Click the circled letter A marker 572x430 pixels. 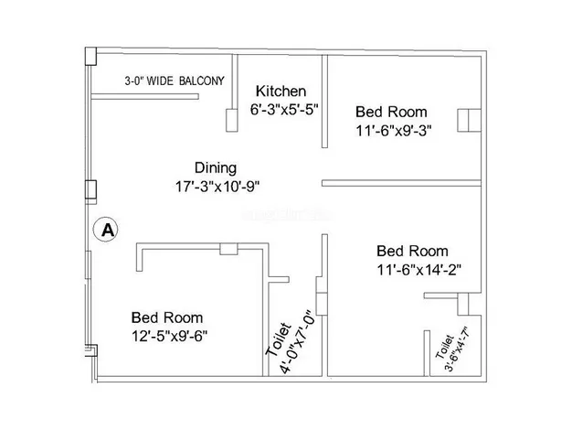tap(106, 231)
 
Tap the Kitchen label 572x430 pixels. tap(281, 91)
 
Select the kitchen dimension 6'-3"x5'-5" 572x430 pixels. tap(284, 110)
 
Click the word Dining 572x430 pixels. tap(216, 168)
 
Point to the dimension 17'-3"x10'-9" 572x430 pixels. tap(217, 187)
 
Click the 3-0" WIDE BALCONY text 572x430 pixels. tap(175, 81)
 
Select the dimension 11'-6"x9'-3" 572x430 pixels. tap(394, 131)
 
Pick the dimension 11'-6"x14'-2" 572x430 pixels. tap(419, 270)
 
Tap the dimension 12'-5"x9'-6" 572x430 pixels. tap(170, 336)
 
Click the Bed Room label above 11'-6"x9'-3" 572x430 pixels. tap(391, 112)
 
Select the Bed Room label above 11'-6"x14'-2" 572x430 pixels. tap(412, 252)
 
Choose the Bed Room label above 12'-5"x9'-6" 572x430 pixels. tap(167, 317)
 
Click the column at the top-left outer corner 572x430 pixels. tap(90, 56)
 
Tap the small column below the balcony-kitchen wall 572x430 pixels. tap(232, 120)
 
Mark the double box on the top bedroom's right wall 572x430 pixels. tap(469, 120)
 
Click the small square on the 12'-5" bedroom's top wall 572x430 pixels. tap(228, 249)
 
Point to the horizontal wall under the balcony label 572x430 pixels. tap(144, 96)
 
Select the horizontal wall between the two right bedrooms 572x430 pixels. tap(401, 183)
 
